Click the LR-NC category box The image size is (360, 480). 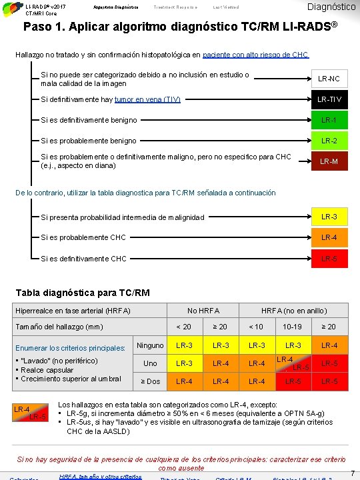[329, 79]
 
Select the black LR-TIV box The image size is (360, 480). [329, 100]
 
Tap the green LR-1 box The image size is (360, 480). [329, 120]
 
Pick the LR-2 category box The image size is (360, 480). [329, 141]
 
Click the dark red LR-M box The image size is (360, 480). [329, 161]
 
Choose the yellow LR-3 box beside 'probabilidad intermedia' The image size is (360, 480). [329, 217]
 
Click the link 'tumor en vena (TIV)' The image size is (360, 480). [147, 100]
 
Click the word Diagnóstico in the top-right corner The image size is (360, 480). [331, 7]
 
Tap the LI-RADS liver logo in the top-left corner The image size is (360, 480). [11, 7]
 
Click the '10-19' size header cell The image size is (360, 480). [293, 327]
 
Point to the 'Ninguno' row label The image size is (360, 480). [150, 345]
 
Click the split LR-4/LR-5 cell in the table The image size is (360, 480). [293, 363]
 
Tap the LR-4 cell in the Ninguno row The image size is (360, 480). [329, 345]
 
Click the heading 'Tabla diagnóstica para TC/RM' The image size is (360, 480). [83, 293]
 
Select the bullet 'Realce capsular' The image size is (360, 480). [51, 370]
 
